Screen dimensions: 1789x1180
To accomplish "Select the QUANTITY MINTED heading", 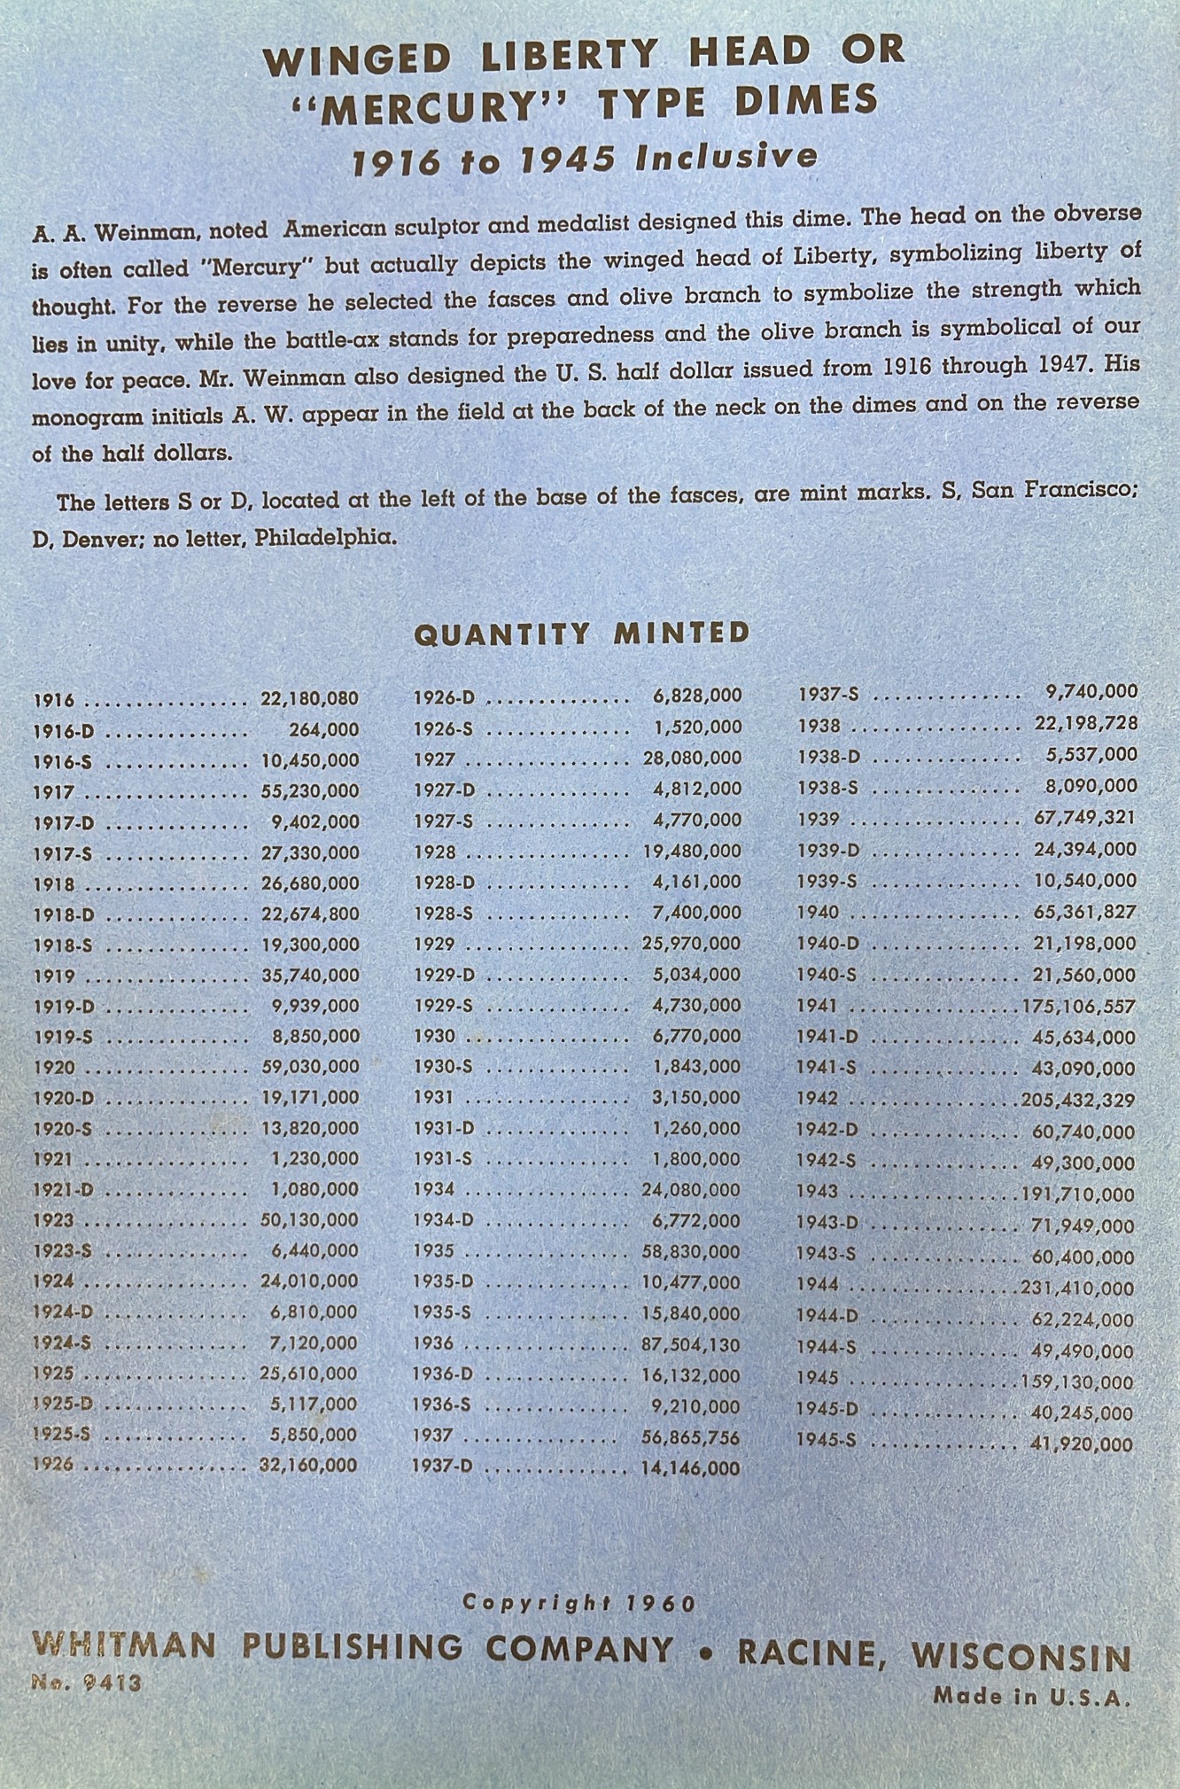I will click(582, 633).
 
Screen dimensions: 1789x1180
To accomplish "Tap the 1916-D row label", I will click(64, 731).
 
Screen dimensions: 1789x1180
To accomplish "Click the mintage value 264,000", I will click(324, 730).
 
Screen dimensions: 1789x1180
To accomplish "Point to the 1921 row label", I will click(53, 1159).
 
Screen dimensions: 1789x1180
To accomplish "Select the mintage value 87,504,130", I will click(691, 1344).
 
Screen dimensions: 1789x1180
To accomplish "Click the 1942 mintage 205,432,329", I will click(1077, 1101).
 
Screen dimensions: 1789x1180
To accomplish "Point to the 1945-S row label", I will click(826, 1440).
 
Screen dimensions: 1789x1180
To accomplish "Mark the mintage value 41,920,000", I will click(1082, 1444).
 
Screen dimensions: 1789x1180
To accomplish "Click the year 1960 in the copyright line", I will click(661, 1603).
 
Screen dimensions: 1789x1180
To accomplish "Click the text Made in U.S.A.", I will click(1032, 1697).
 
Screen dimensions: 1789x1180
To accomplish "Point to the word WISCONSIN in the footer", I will click(1021, 1655).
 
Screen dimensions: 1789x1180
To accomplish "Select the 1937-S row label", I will click(828, 694).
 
